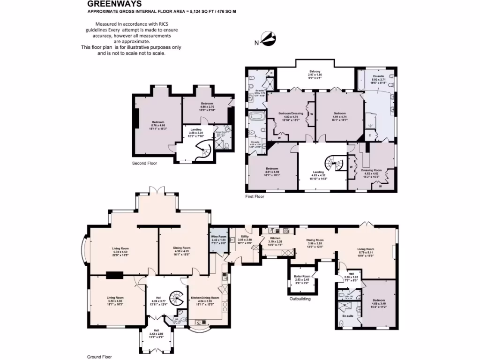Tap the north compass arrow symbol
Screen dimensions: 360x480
point(266,39)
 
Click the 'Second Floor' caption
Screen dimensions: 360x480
point(144,164)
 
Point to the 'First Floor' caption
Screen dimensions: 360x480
point(255,197)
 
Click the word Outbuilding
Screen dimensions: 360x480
point(300,298)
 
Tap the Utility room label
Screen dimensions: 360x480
point(245,238)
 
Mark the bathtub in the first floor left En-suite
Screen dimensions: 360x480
point(257,117)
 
